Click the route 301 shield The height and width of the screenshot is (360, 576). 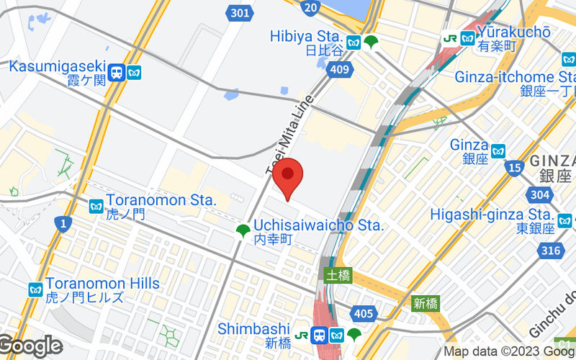click(241, 12)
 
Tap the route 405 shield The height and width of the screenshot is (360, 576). click(364, 312)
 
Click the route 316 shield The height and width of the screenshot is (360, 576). click(551, 250)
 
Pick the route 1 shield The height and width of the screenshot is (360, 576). click(63, 225)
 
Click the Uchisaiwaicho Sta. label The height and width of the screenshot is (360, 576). click(318, 225)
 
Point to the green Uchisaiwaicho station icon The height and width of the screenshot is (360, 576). click(243, 230)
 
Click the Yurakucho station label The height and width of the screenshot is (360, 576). click(514, 32)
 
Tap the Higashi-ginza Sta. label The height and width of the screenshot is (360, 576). click(491, 215)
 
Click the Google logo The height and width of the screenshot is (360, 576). click(30, 346)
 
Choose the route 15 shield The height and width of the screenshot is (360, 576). click(514, 168)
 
